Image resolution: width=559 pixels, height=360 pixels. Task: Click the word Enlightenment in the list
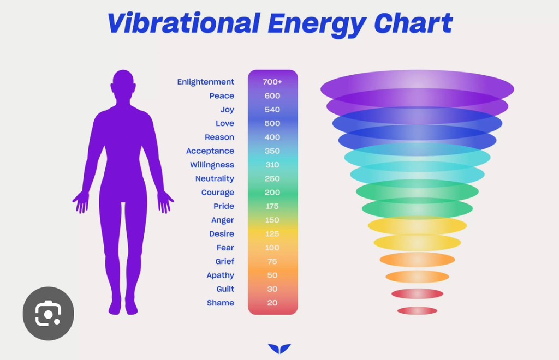tap(206, 82)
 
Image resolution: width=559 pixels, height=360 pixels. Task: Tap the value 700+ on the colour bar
tap(272, 82)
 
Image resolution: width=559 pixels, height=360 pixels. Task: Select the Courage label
tap(217, 193)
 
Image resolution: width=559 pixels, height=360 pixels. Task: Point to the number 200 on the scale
tap(272, 193)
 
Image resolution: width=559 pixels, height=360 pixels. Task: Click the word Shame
tap(221, 303)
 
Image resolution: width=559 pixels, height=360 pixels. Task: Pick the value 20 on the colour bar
tap(272, 303)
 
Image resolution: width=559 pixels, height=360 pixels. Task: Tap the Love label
tap(225, 123)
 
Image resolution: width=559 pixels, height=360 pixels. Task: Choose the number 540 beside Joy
tap(272, 110)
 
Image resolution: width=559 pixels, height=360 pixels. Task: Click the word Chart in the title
tap(413, 23)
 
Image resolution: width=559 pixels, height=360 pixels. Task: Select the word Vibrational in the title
tap(184, 23)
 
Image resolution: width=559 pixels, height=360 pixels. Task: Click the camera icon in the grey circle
tap(48, 313)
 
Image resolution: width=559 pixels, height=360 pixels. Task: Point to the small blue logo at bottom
tap(279, 348)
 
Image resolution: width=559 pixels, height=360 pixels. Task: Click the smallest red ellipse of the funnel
tap(417, 310)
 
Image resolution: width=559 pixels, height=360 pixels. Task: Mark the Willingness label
tap(212, 165)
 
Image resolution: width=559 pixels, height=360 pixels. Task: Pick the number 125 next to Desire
tap(272, 234)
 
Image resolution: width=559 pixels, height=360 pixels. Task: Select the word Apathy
tap(221, 275)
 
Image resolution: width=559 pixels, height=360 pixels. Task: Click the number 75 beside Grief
tap(272, 261)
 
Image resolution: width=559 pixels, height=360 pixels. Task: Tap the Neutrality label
tap(215, 179)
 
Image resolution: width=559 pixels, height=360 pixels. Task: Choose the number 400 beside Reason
tap(272, 137)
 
